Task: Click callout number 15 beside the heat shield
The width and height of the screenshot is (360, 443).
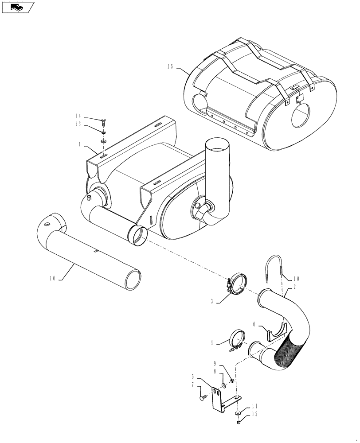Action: point(170,67)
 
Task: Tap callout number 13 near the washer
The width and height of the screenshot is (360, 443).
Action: point(78,124)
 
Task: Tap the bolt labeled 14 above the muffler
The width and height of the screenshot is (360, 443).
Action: point(104,122)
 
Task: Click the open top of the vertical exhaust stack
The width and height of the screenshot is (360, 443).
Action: point(217,146)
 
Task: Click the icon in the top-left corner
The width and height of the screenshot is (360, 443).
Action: point(17,7)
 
